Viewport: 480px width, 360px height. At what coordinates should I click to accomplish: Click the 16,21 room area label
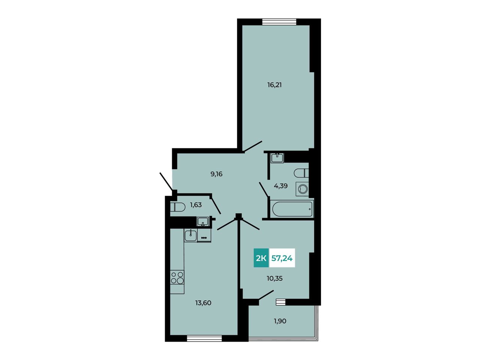pos(274,85)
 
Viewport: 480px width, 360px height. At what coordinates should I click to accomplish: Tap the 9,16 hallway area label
pos(216,174)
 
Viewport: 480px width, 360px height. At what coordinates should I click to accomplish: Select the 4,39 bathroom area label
pos(281,186)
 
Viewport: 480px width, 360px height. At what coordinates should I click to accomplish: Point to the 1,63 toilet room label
pos(196,205)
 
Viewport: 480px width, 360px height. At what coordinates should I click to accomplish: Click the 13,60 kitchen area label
pos(203,303)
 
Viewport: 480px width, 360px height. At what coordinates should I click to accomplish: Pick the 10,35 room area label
pos(274,278)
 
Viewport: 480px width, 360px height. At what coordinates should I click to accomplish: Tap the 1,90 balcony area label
pos(280,321)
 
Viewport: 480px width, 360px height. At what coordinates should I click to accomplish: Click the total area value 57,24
pos(282,258)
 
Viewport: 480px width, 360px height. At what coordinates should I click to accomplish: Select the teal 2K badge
pos(261,258)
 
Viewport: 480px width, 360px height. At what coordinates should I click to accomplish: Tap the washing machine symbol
pos(302,189)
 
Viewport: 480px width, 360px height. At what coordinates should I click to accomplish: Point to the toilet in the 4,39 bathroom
pos(301,173)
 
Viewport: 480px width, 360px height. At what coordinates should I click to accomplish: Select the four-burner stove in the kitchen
pos(177,277)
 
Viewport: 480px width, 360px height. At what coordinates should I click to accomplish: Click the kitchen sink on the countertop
pos(190,235)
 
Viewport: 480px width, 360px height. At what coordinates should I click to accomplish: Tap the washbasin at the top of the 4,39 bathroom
pos(277,157)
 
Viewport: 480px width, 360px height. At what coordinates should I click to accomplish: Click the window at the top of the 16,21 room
pos(279,22)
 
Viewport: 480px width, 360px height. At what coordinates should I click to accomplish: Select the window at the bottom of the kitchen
pos(204,345)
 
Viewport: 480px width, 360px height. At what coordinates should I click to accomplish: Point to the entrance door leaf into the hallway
pos(166,181)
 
